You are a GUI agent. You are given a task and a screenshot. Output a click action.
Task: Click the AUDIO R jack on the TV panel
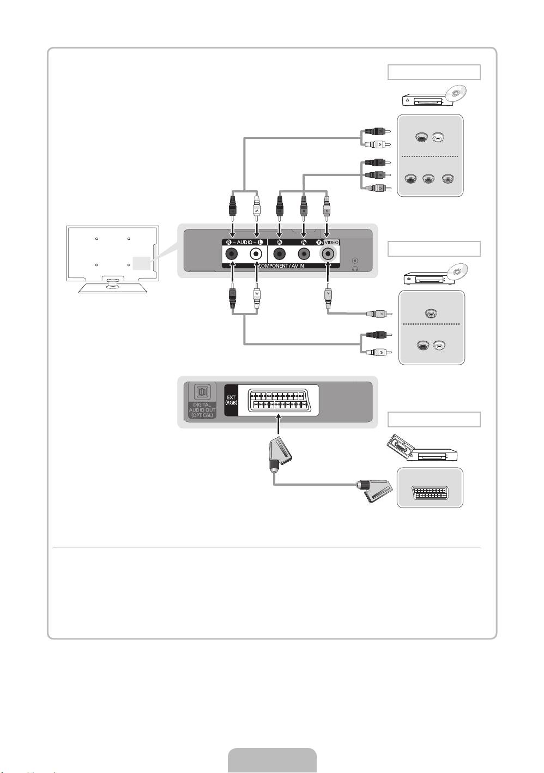coord(233,254)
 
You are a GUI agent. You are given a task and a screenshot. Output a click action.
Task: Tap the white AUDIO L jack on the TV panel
coord(256,254)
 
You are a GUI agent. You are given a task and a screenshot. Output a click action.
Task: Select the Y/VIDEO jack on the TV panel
coord(328,254)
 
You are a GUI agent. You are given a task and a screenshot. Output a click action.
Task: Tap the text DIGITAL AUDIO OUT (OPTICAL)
coord(202,410)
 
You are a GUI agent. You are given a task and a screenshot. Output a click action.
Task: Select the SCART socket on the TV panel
coord(279,401)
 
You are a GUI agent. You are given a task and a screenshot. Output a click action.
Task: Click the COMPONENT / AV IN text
coord(281,265)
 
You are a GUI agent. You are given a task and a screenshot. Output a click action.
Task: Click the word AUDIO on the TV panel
coord(244,242)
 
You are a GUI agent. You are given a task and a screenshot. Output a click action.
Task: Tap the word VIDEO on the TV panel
coord(331,242)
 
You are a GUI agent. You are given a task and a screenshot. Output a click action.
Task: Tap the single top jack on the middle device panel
coord(431,313)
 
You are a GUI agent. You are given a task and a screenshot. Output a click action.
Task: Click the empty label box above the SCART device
coord(434,419)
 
